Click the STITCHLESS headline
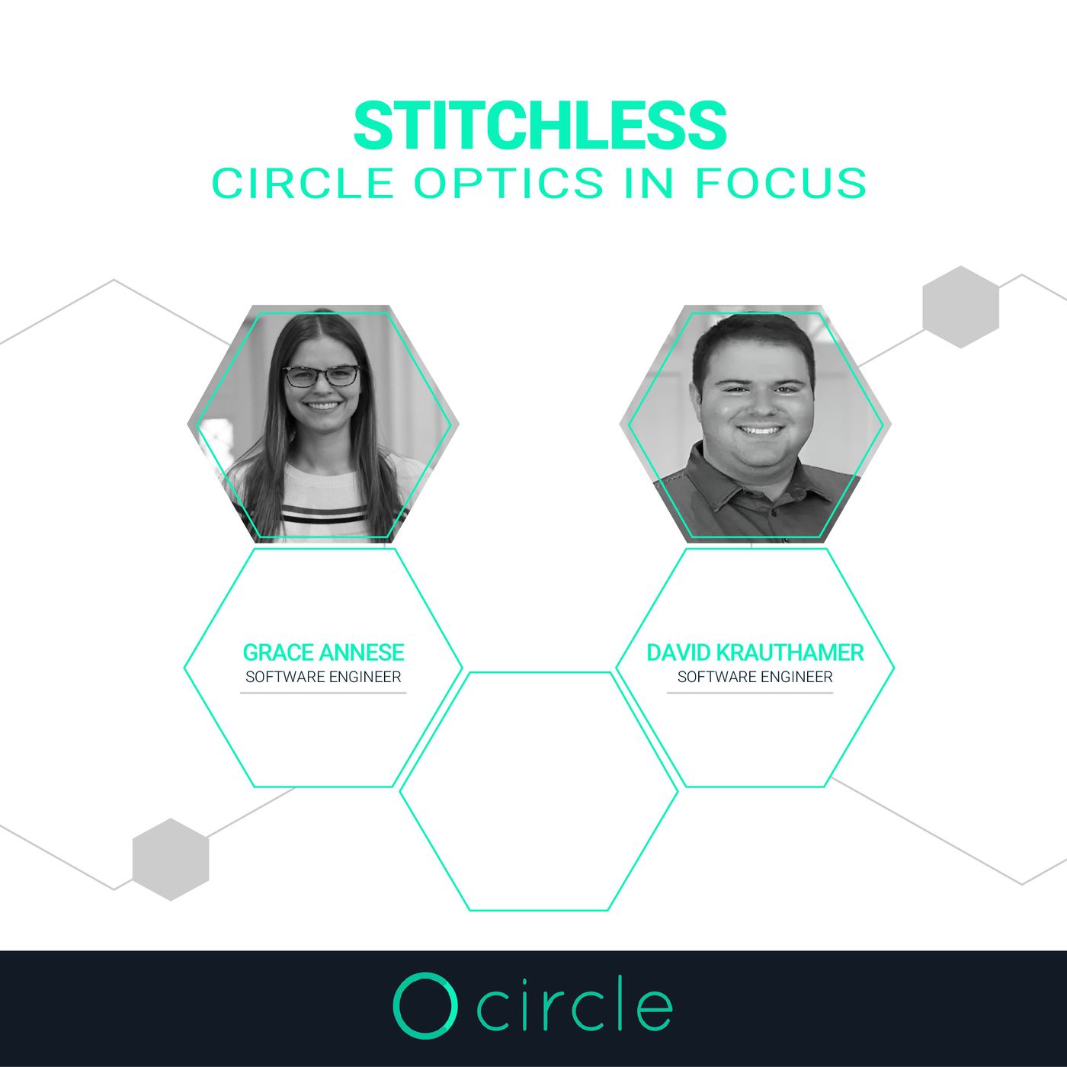click(540, 125)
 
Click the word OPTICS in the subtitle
click(509, 183)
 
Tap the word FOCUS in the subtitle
click(780, 183)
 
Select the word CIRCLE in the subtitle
click(303, 183)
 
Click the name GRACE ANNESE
click(323, 653)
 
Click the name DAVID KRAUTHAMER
click(755, 653)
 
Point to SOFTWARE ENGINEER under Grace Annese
click(323, 677)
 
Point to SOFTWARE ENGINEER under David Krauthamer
click(755, 677)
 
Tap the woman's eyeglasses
click(321, 376)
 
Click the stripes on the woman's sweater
click(324, 512)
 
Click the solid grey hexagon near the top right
click(961, 306)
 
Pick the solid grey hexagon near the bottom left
click(171, 860)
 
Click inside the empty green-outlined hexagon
click(539, 791)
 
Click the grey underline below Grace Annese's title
click(323, 693)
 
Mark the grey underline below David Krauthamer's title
click(750, 693)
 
